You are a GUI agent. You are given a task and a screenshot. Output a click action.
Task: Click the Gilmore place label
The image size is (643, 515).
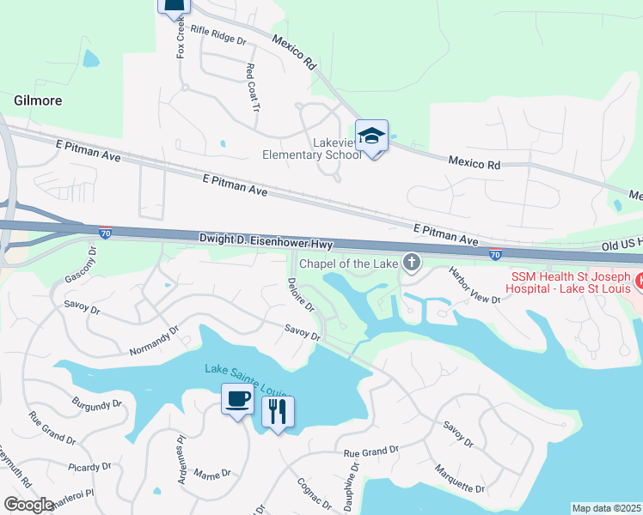(38, 100)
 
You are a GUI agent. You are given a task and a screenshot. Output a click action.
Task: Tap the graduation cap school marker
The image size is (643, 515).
(371, 136)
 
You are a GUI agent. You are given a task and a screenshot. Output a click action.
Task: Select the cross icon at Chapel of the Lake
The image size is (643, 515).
(413, 262)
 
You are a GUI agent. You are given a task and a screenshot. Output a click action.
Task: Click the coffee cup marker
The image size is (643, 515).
(236, 399)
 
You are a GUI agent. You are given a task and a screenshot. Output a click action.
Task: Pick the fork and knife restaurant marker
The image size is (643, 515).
(277, 411)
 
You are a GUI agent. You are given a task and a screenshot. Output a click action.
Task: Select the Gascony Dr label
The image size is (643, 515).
(83, 267)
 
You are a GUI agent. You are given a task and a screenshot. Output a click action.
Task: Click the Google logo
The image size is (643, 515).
(28, 505)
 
